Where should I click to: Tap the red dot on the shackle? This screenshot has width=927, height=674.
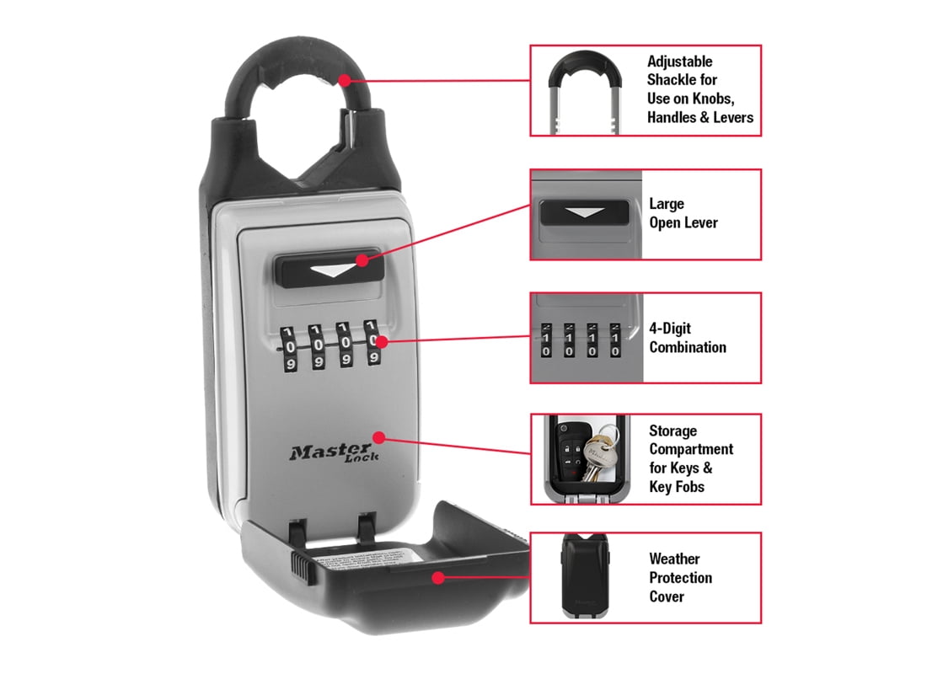[344, 81]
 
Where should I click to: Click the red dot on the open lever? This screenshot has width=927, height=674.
[362, 260]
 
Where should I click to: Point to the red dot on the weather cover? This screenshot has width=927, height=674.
[437, 577]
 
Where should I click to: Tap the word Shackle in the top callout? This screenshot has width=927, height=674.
[672, 80]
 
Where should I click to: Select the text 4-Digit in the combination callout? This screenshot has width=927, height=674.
[670, 329]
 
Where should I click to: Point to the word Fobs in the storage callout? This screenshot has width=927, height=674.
[689, 487]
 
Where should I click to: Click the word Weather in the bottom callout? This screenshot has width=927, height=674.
[674, 559]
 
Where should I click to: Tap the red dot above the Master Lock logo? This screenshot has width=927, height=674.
[378, 437]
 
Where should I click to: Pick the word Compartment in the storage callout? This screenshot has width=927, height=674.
[691, 449]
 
